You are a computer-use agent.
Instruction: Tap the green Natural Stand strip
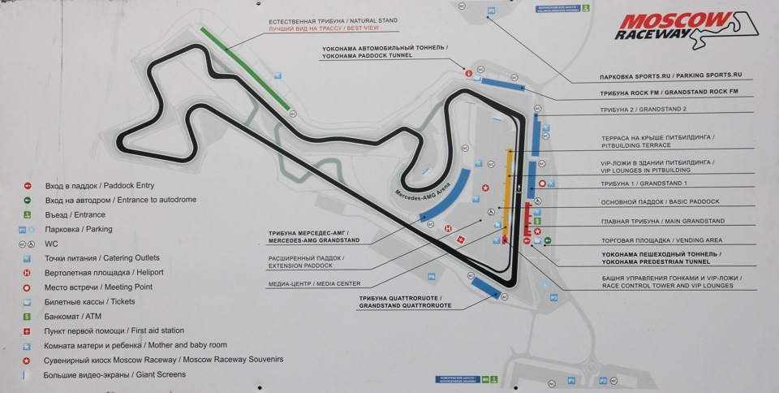point(244,68)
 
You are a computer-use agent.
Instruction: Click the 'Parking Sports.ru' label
point(670,76)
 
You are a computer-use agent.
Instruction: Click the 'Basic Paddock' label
point(660,201)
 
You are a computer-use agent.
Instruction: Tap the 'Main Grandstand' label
point(662,221)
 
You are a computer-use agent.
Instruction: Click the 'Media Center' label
point(314,284)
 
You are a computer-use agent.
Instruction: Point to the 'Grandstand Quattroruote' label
point(405,302)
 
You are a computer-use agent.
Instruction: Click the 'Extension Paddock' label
point(305,262)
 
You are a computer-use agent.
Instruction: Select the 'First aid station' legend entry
point(115,330)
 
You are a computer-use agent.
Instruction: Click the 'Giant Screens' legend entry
point(116,374)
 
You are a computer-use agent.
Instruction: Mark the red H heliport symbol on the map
point(448,229)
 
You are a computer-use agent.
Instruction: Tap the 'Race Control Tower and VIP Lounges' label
point(667,281)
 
